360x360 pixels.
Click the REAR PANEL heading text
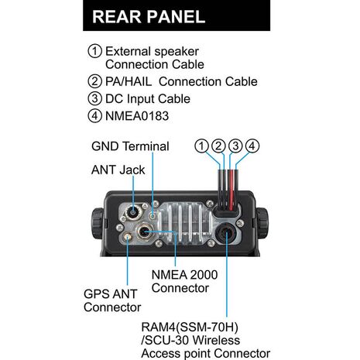149,17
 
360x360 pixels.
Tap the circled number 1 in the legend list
94,51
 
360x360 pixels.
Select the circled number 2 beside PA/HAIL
94,81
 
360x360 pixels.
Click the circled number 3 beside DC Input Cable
94,99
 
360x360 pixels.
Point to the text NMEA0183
137,116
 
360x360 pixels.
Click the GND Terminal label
130,146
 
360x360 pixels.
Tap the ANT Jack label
118,170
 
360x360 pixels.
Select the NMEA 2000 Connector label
184,282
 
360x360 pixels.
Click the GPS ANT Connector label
112,300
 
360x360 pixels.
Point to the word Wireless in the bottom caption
216,340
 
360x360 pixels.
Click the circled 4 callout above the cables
252,146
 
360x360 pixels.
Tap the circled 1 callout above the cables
201,146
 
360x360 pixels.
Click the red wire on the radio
231,190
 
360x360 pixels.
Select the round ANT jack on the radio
133,213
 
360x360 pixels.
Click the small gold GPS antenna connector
128,236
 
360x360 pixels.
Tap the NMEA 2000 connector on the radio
144,232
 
